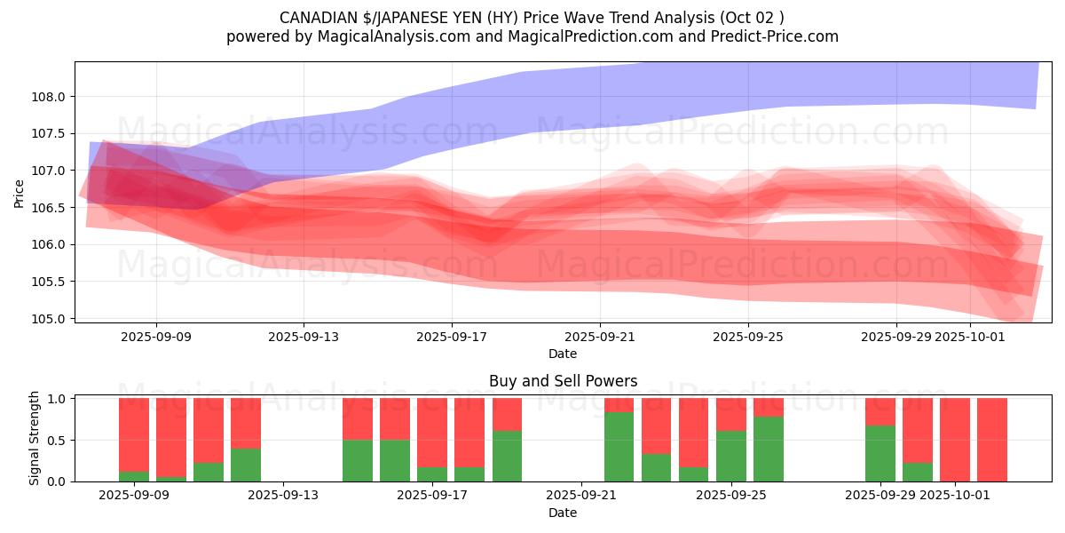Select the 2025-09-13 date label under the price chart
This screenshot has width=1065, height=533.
[x=304, y=337]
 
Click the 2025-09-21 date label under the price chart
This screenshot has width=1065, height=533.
[x=599, y=337]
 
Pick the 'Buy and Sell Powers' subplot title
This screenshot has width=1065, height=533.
[x=563, y=381]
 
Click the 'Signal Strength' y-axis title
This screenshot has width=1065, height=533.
[x=35, y=438]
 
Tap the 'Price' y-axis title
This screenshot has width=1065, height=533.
[x=20, y=193]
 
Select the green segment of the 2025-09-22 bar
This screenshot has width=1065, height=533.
[x=619, y=447]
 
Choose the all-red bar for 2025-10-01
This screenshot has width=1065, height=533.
[x=955, y=440]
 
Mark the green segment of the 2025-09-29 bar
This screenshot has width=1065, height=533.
[x=880, y=453]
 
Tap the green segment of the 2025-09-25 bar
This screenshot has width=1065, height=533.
[x=731, y=456]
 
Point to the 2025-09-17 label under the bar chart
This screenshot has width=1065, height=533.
[x=432, y=495]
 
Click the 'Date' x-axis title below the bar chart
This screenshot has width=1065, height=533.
[x=563, y=513]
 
